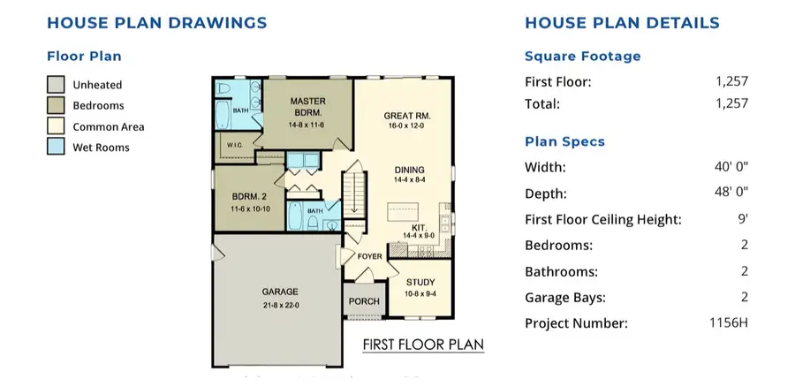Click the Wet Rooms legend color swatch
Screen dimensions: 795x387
click(56, 147)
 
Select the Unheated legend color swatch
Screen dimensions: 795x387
click(56, 85)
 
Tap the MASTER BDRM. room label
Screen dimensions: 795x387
click(307, 107)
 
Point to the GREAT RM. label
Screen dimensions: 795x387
click(407, 116)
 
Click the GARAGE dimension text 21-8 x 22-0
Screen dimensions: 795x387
click(280, 305)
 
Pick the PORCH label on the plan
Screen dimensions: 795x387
click(364, 301)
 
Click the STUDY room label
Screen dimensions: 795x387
click(420, 283)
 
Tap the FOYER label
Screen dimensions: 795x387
click(369, 256)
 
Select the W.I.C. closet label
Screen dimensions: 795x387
click(235, 146)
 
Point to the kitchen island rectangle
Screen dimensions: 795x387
click(403, 211)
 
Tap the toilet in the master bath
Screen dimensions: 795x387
click(223, 88)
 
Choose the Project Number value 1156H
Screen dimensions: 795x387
click(729, 322)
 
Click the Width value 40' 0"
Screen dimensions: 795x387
click(731, 167)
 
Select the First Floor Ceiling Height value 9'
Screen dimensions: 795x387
click(744, 219)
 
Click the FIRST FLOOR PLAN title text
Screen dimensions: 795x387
click(423, 345)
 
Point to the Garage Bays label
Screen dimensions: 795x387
click(565, 298)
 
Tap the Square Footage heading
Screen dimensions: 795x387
click(583, 57)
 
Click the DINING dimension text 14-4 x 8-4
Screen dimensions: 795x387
click(410, 179)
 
